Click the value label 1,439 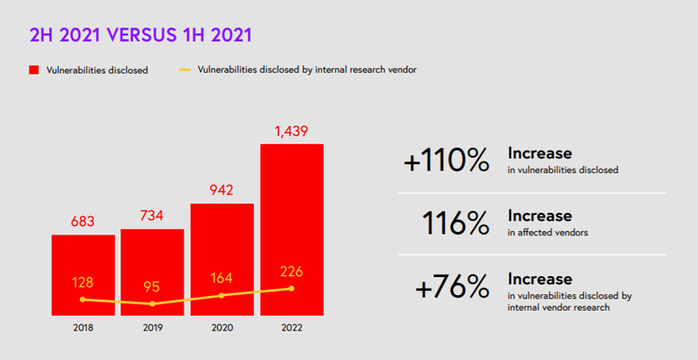coord(292,132)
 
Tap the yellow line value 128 coord(83,283)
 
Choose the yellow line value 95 coord(152,287)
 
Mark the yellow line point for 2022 coord(292,288)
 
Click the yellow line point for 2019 coord(152,304)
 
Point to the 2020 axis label coord(222,328)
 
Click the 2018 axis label coord(83,328)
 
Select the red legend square coord(34,70)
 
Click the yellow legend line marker coord(184,69)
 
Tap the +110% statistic coord(446,160)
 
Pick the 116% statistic coord(455,222)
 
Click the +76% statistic coord(451,287)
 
